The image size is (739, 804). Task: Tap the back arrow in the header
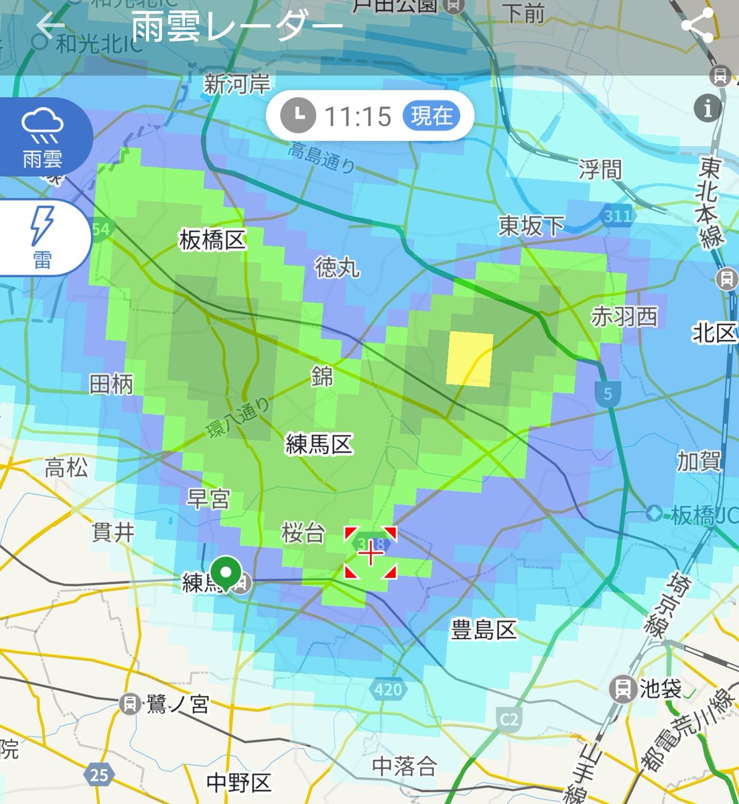pyautogui.click(x=50, y=26)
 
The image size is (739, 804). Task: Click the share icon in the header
pyautogui.click(x=697, y=26)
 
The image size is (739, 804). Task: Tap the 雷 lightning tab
pyautogui.click(x=42, y=237)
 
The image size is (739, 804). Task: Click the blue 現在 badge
pyautogui.click(x=431, y=116)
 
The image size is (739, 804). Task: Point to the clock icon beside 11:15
pyautogui.click(x=297, y=116)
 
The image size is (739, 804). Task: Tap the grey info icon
pyautogui.click(x=708, y=107)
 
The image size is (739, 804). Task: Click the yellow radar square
pyautogui.click(x=470, y=358)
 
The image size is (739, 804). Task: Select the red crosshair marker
pyautogui.click(x=371, y=553)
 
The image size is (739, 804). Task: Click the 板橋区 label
pyautogui.click(x=212, y=240)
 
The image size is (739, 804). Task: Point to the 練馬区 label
pyautogui.click(x=319, y=444)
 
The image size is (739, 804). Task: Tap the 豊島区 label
pyautogui.click(x=484, y=630)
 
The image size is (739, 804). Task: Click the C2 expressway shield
pyautogui.click(x=510, y=719)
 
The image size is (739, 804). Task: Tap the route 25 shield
pyautogui.click(x=99, y=775)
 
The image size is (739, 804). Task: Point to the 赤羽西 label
pyautogui.click(x=624, y=316)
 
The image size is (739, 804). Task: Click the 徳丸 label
pyautogui.click(x=338, y=268)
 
